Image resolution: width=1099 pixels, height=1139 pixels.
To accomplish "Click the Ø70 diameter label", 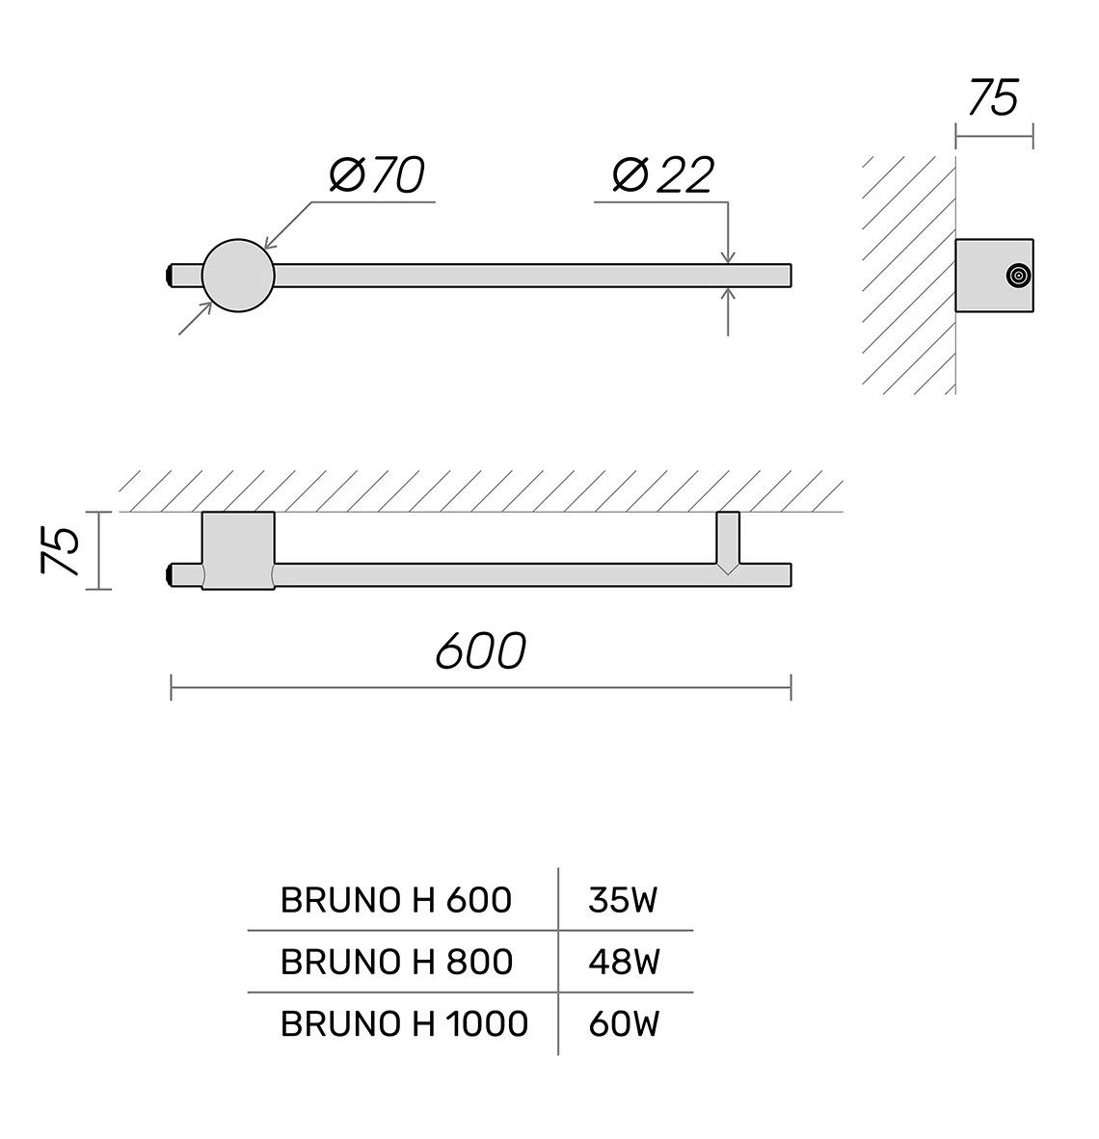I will [x=377, y=176].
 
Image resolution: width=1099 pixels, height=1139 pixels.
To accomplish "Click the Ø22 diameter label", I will [x=662, y=176].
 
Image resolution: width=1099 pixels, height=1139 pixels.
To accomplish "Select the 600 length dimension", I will [x=480, y=652].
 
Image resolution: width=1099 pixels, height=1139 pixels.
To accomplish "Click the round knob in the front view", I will [x=238, y=276].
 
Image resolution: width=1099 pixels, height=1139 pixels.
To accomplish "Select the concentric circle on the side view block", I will [x=1015, y=277].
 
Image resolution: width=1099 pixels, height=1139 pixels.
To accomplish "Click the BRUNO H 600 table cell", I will [x=395, y=900].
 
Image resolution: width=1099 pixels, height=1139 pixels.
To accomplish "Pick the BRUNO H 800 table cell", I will [x=395, y=961].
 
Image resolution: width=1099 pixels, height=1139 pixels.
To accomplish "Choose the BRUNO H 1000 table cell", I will [x=404, y=1022].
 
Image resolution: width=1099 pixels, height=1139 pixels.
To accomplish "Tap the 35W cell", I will [x=623, y=900].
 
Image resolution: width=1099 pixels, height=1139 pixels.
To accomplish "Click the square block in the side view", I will [x=993, y=277].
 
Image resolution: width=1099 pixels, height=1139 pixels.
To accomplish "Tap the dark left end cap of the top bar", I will [x=170, y=276].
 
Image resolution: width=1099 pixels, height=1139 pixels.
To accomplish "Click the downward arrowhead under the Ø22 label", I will [x=728, y=256].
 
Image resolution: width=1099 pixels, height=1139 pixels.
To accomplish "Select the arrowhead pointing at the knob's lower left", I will [x=206, y=308].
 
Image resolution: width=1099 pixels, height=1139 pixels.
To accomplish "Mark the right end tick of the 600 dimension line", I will [x=791, y=687].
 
